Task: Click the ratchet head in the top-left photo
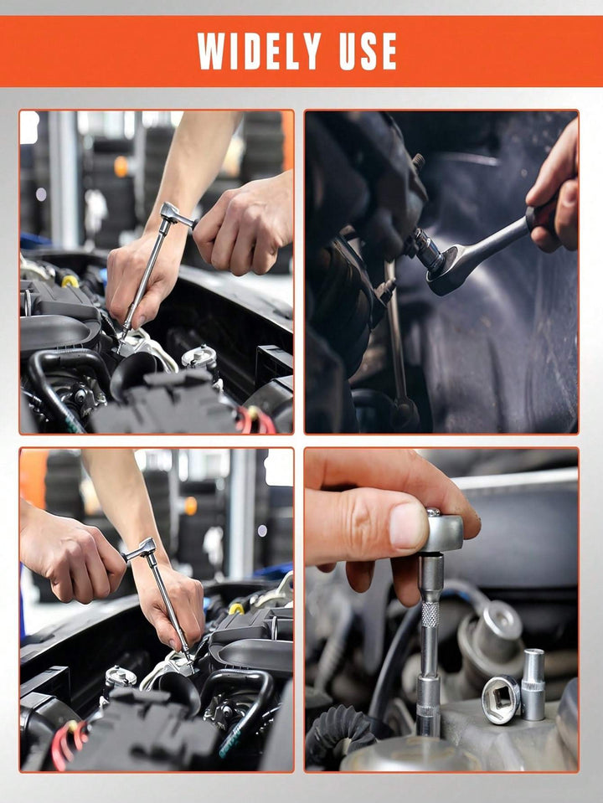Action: coord(172,215)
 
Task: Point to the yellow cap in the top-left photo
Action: coord(70,281)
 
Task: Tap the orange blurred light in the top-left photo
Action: coord(121,166)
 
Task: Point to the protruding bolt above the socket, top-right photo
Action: coord(416,162)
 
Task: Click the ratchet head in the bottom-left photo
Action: coord(142,549)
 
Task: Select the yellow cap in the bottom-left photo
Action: coord(238,608)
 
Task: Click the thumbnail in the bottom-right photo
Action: coord(409,526)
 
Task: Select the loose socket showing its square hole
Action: coord(502,698)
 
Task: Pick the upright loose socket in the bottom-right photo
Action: coord(533,684)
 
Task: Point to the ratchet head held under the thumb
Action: coord(441,533)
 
